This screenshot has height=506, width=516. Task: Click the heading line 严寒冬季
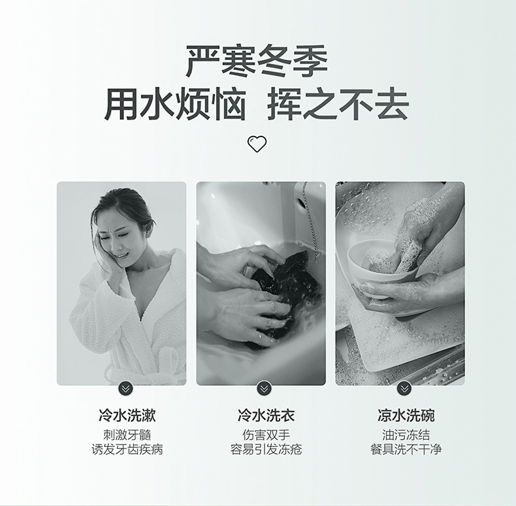pos(257,61)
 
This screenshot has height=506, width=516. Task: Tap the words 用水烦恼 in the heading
pos(176,104)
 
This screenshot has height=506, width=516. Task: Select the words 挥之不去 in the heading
pos(338,104)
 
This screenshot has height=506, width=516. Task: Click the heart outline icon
pos(257,144)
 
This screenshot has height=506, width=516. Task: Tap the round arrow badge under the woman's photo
pos(125,388)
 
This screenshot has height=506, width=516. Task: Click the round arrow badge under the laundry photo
pos(264,388)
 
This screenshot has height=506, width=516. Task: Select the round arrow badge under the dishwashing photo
pos(404,388)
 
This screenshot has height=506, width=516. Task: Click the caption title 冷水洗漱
pos(127,415)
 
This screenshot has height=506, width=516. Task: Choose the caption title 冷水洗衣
pos(266,415)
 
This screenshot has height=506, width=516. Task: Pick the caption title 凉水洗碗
pos(406,415)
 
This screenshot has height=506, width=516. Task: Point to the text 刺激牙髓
pos(127,435)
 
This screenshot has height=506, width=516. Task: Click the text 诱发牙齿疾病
pos(127,449)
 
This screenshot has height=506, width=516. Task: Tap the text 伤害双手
pos(266,435)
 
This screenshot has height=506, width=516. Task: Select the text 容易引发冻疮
pos(266,449)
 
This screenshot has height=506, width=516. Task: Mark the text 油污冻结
pos(406,435)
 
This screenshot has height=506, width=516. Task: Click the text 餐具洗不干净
pos(406,449)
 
